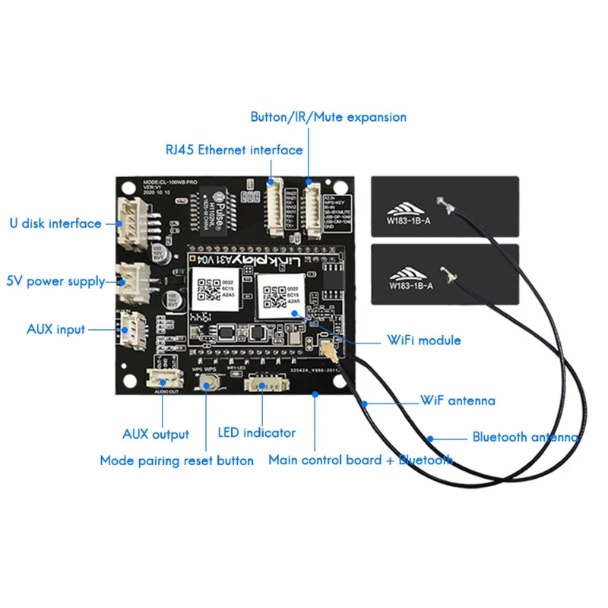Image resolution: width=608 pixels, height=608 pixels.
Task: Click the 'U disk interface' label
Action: coord(55,223)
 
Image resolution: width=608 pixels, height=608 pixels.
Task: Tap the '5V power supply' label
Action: coord(55,281)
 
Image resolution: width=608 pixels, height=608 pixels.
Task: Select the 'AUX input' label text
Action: coord(55,330)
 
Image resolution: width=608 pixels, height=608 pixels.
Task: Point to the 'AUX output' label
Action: coord(155,435)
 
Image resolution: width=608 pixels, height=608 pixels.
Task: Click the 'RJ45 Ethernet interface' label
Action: coord(233,150)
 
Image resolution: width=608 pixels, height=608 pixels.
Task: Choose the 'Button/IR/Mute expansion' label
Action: coord(328,117)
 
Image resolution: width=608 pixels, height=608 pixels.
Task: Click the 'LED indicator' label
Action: coord(256,432)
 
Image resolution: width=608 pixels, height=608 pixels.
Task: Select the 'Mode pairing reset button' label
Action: coord(176,461)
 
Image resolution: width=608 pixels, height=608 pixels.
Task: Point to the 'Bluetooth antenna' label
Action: coord(525,437)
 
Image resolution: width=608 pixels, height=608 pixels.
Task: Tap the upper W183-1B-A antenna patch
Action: coord(445,207)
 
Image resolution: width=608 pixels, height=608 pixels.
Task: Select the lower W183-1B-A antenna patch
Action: coord(445,274)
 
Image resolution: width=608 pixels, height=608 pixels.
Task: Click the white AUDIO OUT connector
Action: coord(160,379)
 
